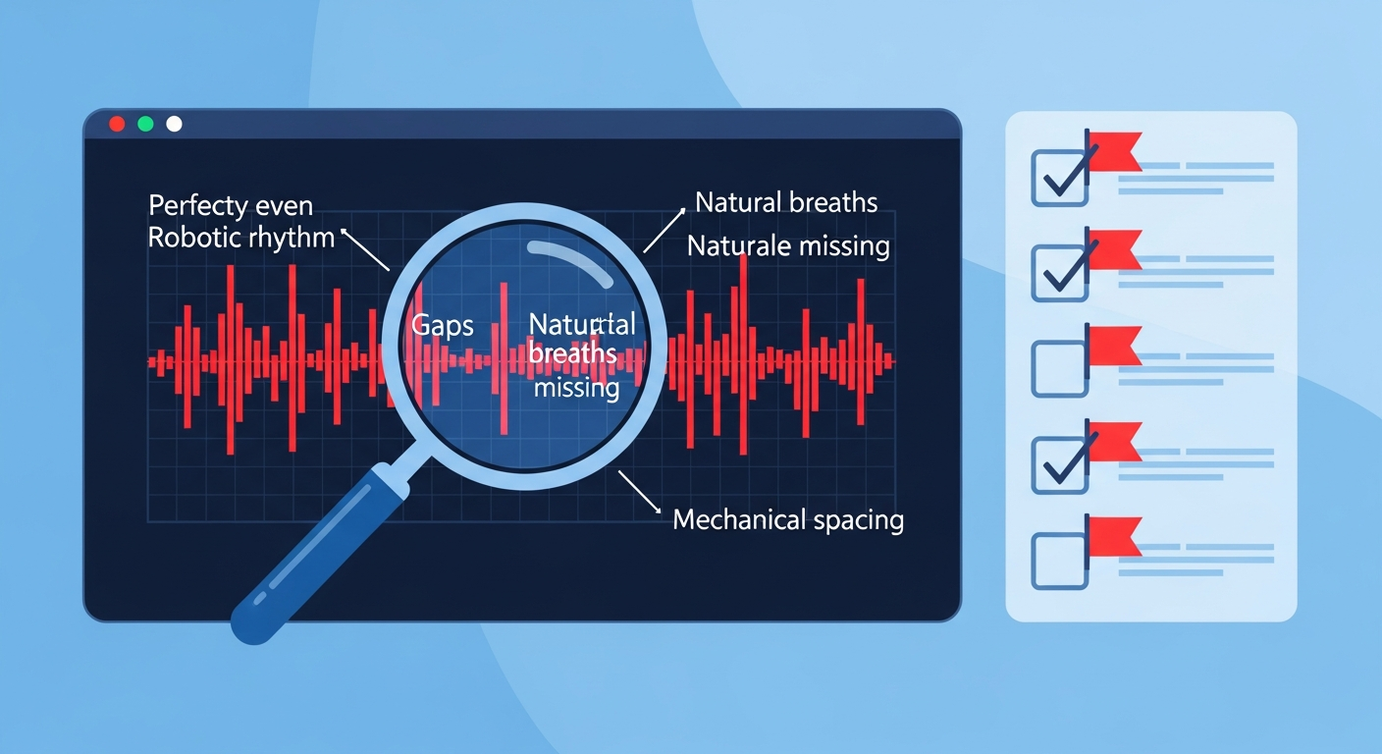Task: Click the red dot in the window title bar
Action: (117, 124)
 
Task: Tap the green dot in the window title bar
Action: (145, 124)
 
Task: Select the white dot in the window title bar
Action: (174, 124)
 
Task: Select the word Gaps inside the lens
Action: (442, 327)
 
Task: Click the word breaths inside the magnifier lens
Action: (572, 353)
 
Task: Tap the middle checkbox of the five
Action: (1059, 369)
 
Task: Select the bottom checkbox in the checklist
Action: (1059, 561)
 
